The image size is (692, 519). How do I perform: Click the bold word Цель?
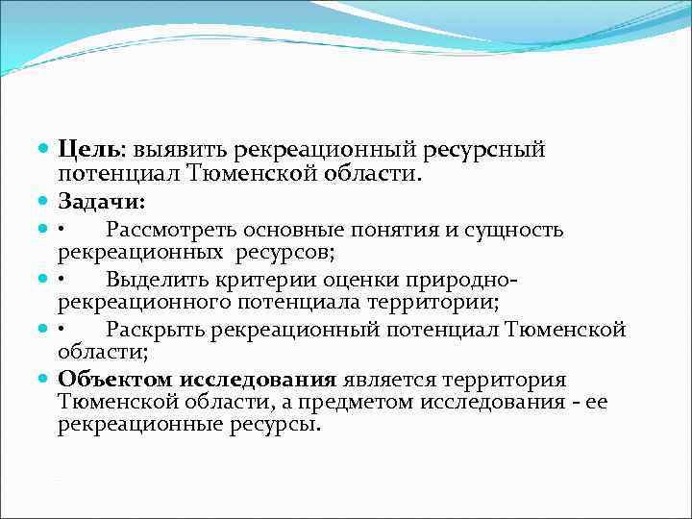pos(88,151)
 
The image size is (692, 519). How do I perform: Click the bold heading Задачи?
pos(102,203)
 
